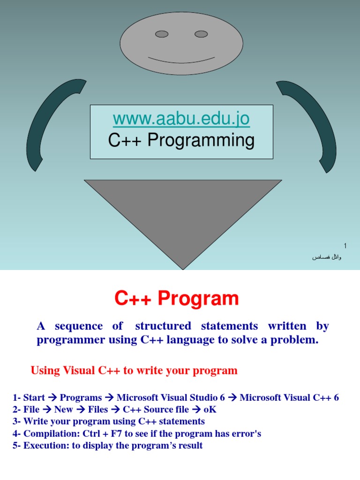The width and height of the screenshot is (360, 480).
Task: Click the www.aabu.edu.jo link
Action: coord(181,120)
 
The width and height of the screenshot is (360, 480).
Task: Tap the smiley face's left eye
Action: coord(162,34)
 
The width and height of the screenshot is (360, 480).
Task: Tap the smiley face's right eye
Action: coord(201,34)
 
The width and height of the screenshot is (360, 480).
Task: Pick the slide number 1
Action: coord(345,246)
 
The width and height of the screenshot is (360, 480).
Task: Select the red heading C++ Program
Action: coord(177,299)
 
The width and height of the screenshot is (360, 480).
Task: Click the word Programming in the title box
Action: coord(201,141)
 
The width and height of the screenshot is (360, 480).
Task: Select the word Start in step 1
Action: coord(34,398)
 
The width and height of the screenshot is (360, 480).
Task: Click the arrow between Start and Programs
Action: coord(52,398)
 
